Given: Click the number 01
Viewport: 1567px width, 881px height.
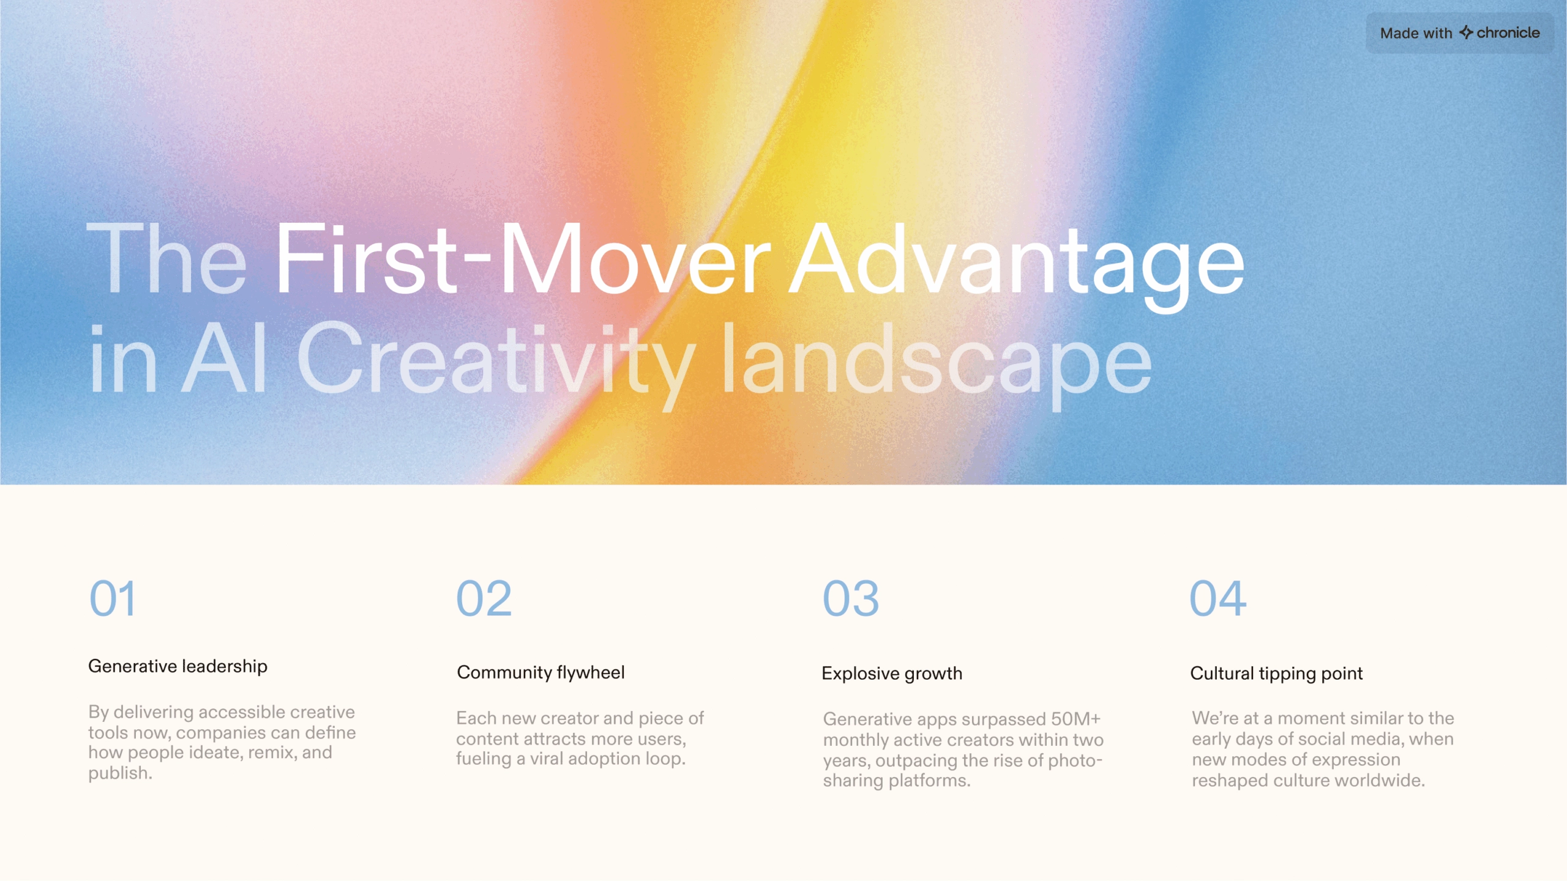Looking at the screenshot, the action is point(113,598).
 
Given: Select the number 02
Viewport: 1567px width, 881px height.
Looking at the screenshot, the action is point(484,598).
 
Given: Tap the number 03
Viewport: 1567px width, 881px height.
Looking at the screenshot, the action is point(851,598).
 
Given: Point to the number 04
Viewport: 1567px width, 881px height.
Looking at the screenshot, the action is point(1218,598).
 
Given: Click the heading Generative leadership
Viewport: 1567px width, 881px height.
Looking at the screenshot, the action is point(178,666).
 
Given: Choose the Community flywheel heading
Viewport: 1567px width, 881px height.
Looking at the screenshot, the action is point(541,672).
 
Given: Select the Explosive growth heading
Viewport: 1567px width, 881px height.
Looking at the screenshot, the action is point(892,674).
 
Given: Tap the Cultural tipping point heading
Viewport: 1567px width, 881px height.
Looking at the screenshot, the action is point(1276,674).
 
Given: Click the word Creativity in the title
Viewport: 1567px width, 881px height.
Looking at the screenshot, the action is point(496,365).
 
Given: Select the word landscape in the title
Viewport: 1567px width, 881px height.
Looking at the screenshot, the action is point(937,365).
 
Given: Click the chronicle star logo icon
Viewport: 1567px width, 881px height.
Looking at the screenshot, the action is point(1466,32).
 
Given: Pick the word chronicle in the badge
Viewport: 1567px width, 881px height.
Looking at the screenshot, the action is point(1508,32).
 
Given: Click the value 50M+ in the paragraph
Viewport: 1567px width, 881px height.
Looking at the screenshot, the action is point(1075,719).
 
